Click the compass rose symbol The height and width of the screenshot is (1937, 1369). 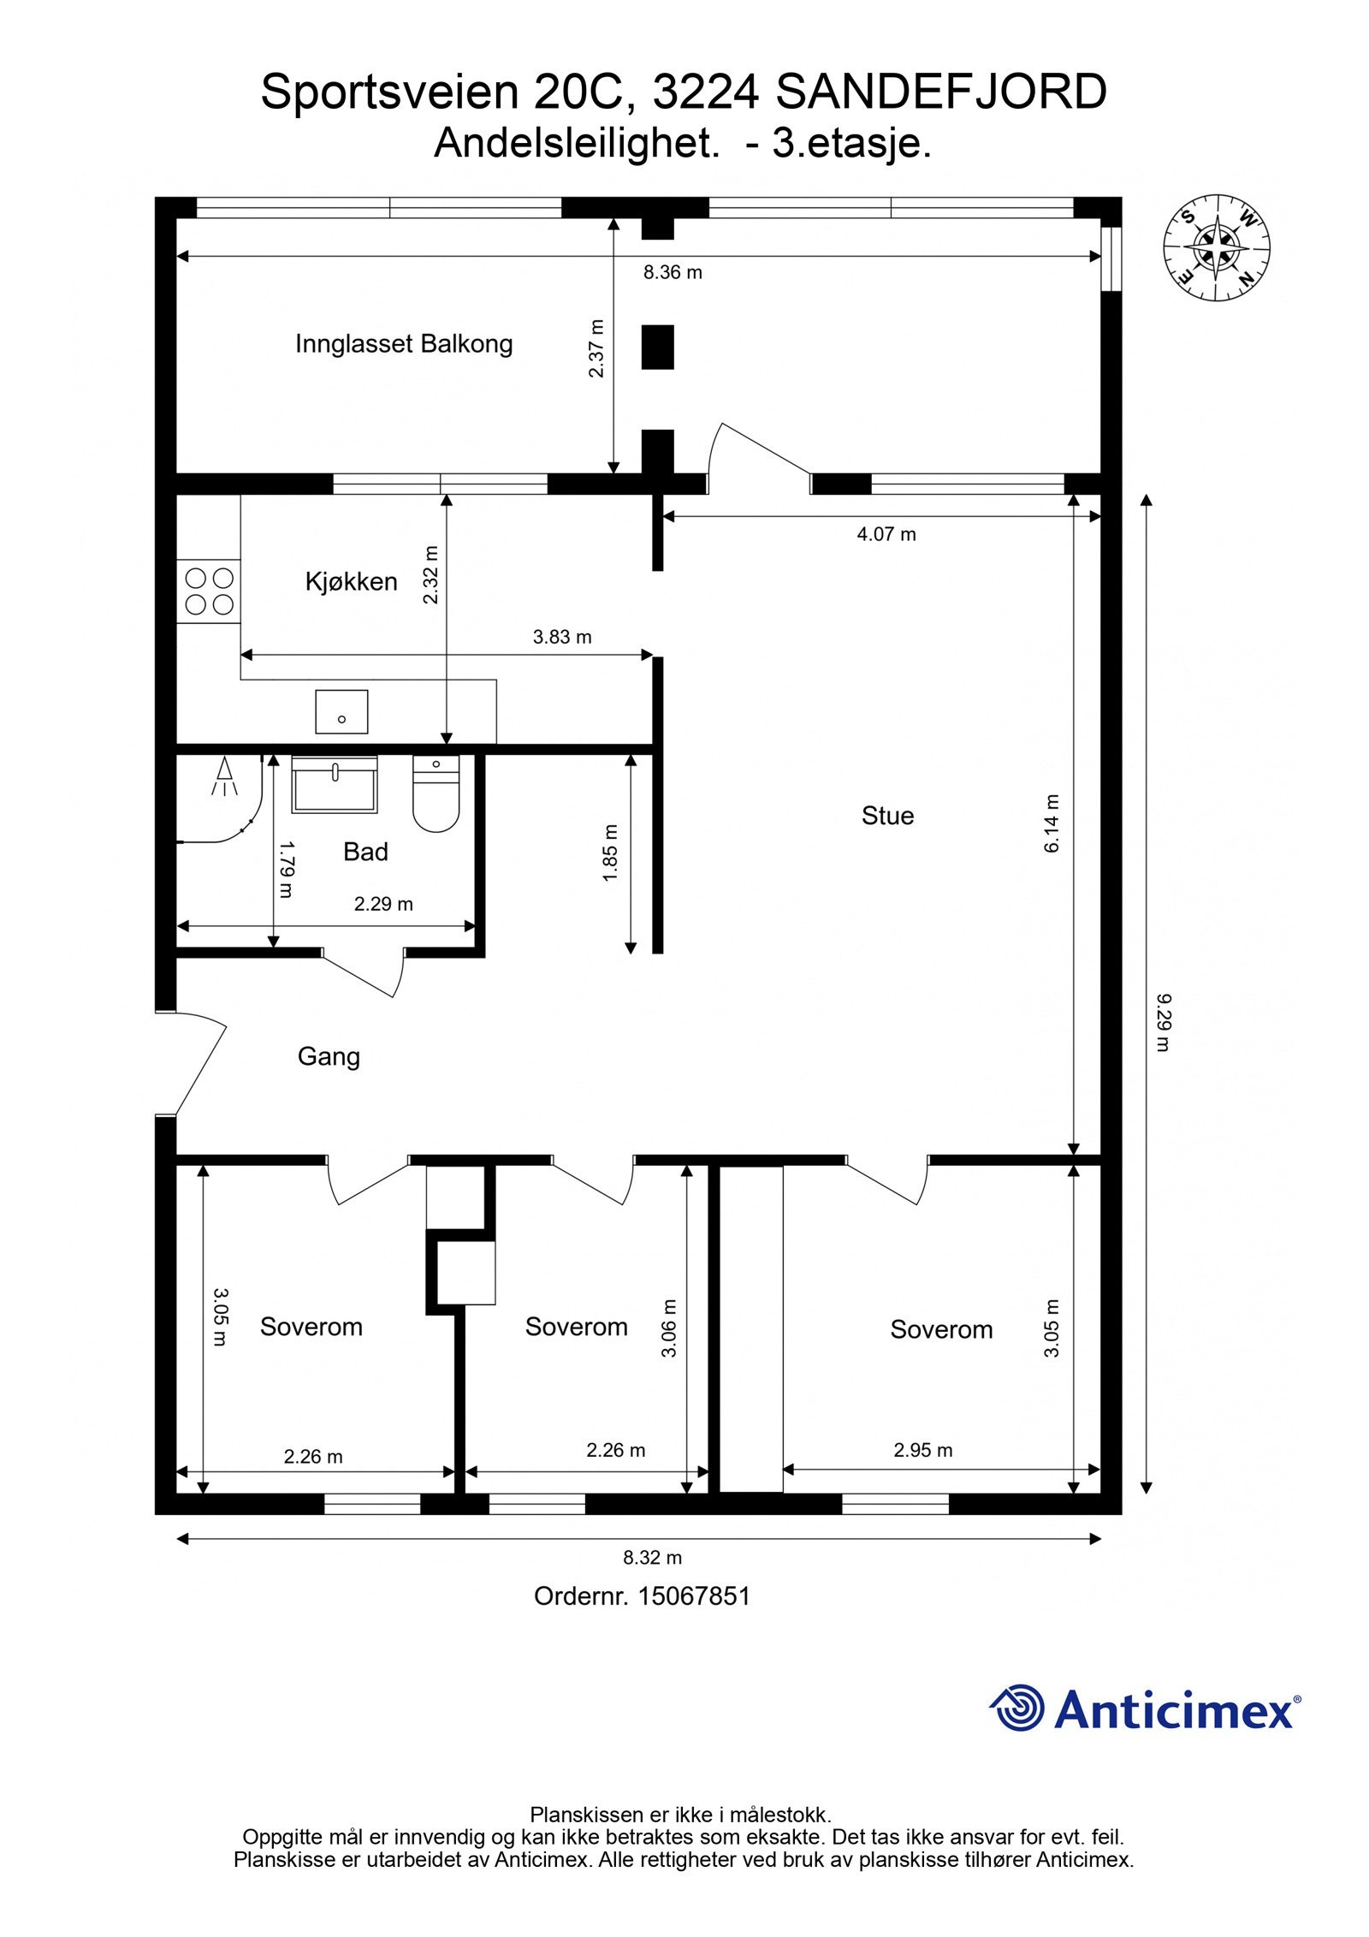pos(1217,249)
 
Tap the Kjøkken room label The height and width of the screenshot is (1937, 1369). pos(351,582)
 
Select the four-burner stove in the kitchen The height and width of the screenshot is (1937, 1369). pos(209,591)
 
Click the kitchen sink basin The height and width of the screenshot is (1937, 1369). pos(341,712)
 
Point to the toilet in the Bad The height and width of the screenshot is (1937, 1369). pos(436,793)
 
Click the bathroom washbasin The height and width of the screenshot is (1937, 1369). pos(335,783)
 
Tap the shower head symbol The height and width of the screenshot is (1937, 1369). pos(224,775)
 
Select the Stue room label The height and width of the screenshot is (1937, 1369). pos(887,816)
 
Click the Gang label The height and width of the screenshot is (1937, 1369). pos(329,1057)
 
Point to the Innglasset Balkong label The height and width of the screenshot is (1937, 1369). pos(404,344)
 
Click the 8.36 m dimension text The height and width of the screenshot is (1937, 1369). pos(673,273)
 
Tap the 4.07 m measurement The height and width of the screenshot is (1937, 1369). pos(886,534)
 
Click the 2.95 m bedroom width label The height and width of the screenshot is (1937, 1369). pos(923,1450)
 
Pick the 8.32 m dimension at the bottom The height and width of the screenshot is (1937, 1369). pos(652,1557)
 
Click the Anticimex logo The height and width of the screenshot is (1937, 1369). pos(1146,1708)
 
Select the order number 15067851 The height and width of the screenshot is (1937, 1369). pos(694,1596)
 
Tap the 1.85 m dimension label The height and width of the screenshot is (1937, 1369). pos(610,853)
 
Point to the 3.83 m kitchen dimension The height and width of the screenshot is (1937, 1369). pos(562,637)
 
